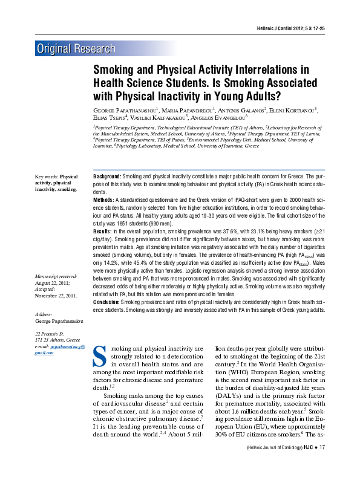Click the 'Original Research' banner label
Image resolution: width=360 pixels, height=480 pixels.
tap(76, 49)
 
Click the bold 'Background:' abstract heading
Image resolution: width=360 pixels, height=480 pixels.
tap(107, 175)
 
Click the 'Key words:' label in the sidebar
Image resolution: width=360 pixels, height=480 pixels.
tap(47, 177)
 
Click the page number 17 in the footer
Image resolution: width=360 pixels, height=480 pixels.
tap(322, 464)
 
